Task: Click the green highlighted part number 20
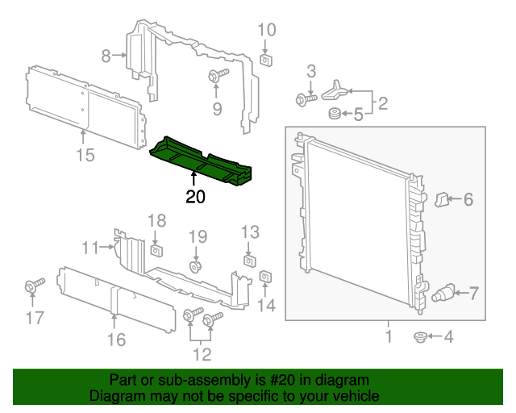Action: (x=202, y=156)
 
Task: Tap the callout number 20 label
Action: (x=195, y=197)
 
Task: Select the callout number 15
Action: (x=85, y=155)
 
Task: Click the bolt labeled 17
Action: (x=35, y=286)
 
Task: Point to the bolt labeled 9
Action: (x=217, y=77)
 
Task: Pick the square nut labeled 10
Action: (x=266, y=58)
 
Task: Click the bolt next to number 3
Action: (x=306, y=99)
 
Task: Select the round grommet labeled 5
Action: (x=331, y=115)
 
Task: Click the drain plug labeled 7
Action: (x=444, y=292)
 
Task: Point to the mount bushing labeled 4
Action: (x=419, y=336)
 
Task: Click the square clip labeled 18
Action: (x=156, y=246)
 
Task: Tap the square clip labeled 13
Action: (x=250, y=261)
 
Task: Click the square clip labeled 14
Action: (x=266, y=278)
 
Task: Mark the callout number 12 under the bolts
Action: (x=202, y=353)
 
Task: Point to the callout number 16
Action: (x=117, y=340)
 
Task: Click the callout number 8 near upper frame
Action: (x=106, y=56)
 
